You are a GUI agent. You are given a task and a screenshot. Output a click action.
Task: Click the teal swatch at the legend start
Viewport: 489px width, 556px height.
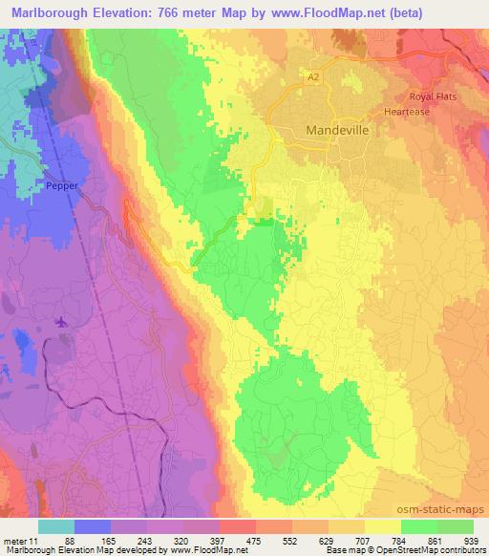56,526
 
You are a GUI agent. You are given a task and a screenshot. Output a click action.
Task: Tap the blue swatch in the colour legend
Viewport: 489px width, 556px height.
93,526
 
